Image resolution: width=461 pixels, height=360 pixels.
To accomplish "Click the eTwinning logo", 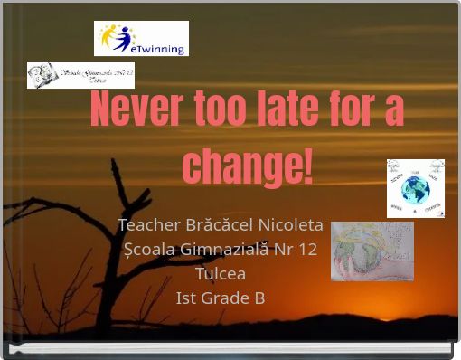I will coord(141,39).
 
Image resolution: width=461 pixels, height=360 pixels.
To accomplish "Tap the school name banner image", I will coord(80,75).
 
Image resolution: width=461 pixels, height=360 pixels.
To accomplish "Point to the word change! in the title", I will coord(248,166).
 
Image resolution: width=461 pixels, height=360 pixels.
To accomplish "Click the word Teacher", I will coord(148,224).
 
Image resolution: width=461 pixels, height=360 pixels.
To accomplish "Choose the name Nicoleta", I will coord(291,224).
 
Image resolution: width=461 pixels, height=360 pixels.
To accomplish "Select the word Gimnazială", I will coord(229,249).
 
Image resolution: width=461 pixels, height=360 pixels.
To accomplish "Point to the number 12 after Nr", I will coord(307,249).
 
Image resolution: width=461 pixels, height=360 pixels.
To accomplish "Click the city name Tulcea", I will coord(221,273).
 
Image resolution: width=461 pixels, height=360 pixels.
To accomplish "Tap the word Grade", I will coord(224,298).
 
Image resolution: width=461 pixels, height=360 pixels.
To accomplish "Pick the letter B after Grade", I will coord(259,298).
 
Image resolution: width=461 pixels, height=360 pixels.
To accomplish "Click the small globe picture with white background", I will coord(416,188).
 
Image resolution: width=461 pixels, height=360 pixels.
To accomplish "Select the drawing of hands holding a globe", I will coord(372,251).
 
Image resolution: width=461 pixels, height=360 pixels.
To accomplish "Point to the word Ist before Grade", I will coord(187,298).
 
